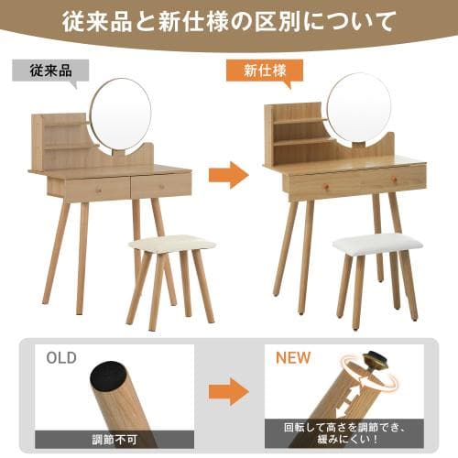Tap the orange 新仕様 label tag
click(x=262, y=70)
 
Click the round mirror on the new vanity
click(x=359, y=108)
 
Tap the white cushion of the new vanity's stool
click(x=377, y=243)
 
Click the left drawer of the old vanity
click(x=89, y=188)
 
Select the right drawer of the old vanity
click(x=160, y=186)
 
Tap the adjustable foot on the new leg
click(x=376, y=362)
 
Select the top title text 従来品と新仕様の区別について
click(x=229, y=19)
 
